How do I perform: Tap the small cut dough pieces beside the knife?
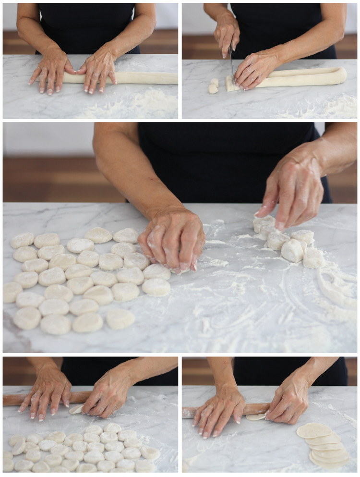tap(213, 86)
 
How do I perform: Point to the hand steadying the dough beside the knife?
tap(257, 70)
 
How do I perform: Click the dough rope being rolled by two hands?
tap(144, 78)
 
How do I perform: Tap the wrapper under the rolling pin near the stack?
tap(257, 417)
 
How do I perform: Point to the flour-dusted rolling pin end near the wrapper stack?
tap(188, 412)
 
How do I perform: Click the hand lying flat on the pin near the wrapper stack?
tap(218, 411)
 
